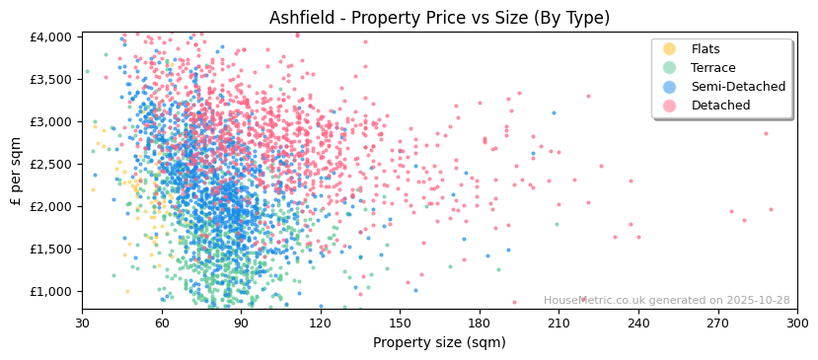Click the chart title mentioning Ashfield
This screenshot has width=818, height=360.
[439, 18]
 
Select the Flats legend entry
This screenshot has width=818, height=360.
[706, 49]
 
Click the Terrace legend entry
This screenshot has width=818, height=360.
[713, 68]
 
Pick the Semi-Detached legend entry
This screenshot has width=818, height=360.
[738, 87]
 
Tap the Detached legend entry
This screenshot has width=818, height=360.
[720, 106]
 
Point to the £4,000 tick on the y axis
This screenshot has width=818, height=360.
[50, 36]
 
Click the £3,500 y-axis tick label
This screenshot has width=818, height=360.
[50, 79]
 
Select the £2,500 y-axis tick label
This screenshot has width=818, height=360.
[50, 164]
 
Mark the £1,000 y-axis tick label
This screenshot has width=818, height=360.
[50, 291]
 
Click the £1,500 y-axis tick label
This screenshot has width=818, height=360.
[50, 249]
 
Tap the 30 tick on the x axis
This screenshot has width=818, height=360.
[82, 323]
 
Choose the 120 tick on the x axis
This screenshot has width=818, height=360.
[321, 323]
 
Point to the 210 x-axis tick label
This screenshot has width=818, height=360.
[558, 323]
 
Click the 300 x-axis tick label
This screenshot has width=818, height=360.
[797, 323]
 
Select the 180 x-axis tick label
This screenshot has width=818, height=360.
[480, 323]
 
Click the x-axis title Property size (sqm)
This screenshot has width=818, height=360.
[439, 342]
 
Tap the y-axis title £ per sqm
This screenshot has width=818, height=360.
[16, 171]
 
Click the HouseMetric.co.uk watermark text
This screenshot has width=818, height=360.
[666, 301]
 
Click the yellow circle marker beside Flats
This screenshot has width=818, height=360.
[670, 49]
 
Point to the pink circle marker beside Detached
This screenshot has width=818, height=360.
[670, 106]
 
